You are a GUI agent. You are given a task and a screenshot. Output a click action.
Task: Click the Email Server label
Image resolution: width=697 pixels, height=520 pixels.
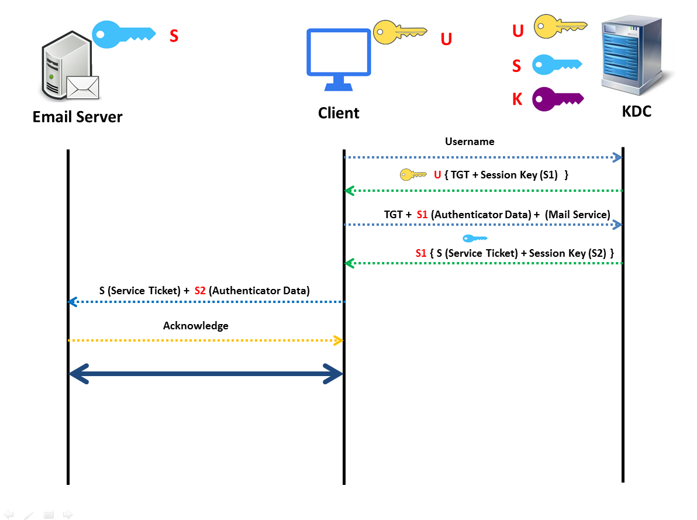click(x=77, y=116)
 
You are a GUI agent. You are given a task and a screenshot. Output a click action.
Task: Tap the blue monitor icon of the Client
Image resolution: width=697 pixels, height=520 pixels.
click(x=339, y=58)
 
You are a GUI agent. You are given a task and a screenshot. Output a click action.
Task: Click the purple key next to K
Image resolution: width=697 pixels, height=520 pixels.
click(x=556, y=99)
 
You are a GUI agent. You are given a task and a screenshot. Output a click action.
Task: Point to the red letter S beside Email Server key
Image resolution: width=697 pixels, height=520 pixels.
click(x=174, y=36)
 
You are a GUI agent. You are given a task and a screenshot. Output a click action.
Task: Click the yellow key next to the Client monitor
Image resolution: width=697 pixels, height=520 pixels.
click(x=399, y=32)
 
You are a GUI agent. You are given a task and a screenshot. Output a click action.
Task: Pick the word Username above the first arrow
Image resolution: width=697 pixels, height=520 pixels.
click(x=470, y=142)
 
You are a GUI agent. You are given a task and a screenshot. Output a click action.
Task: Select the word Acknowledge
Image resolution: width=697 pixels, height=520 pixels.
click(x=195, y=326)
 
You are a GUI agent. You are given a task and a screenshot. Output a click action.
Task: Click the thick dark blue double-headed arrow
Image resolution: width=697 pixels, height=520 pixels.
click(x=205, y=374)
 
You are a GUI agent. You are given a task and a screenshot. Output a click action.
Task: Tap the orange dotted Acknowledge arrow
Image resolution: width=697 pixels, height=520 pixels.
click(x=205, y=340)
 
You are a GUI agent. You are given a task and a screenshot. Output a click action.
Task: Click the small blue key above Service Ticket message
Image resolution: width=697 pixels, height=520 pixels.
click(x=474, y=238)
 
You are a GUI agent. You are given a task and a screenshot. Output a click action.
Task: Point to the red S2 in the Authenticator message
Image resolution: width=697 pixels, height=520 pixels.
click(x=200, y=290)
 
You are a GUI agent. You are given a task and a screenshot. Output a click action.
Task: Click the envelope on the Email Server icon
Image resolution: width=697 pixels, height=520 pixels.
click(x=82, y=87)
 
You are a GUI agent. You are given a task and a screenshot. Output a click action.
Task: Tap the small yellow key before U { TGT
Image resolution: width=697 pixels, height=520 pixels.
click(x=413, y=174)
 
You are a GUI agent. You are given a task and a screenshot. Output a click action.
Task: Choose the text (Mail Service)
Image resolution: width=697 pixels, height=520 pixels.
click(x=577, y=215)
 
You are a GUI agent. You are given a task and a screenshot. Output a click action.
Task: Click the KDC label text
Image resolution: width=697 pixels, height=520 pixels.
click(x=636, y=112)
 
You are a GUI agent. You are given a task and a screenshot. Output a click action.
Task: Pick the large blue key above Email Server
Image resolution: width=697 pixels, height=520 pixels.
click(x=123, y=34)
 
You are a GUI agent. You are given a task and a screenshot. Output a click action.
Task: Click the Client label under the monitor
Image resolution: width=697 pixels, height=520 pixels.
click(x=339, y=113)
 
